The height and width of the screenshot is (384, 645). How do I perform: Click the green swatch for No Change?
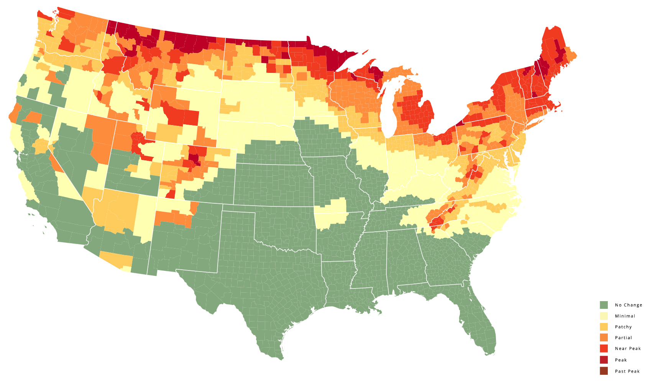[604, 305]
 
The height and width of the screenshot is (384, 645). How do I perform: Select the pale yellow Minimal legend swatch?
[604, 316]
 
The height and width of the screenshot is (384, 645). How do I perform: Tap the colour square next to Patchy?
[604, 327]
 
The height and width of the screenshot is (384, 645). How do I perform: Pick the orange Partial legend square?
[604, 338]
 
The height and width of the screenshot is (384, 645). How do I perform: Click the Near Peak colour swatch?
[604, 349]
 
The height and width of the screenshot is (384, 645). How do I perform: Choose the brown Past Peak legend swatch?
[604, 371]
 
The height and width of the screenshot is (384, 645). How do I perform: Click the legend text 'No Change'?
[628, 305]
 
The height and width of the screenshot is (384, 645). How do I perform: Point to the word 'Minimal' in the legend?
[625, 316]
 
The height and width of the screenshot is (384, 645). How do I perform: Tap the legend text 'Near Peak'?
[627, 349]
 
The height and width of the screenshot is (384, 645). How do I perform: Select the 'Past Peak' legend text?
[627, 371]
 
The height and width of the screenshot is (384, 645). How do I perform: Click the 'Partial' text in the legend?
[623, 338]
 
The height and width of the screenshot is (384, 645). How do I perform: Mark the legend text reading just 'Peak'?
[620, 360]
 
